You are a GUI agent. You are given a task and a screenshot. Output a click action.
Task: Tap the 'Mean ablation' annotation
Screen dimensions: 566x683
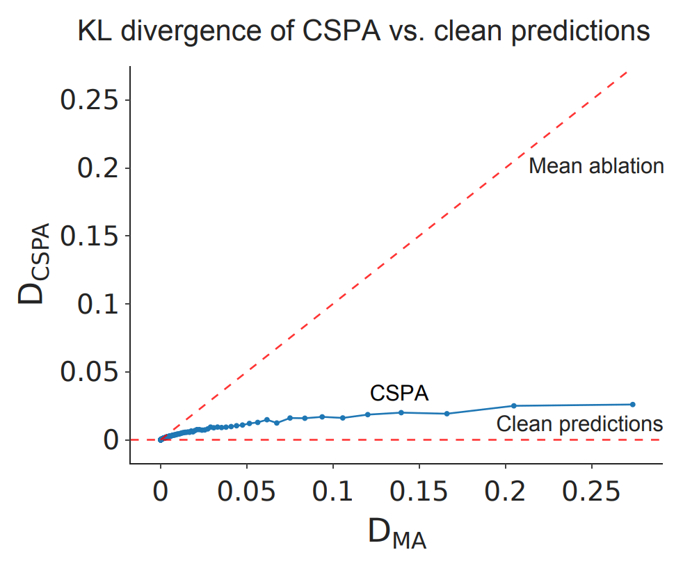tap(596, 166)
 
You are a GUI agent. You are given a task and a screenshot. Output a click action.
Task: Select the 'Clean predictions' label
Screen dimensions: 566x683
tap(579, 423)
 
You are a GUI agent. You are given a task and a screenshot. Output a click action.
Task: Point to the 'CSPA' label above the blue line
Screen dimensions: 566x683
tap(399, 394)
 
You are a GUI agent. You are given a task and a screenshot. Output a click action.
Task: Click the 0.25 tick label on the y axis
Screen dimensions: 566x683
tap(93, 100)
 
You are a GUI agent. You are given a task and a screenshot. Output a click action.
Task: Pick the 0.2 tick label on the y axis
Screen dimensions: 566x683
tap(102, 168)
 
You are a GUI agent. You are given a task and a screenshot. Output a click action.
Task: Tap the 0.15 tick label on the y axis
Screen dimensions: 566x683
tap(93, 236)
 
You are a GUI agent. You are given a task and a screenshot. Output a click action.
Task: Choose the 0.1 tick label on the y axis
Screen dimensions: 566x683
tap(102, 304)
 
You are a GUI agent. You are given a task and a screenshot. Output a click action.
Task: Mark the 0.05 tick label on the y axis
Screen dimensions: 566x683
tap(93, 372)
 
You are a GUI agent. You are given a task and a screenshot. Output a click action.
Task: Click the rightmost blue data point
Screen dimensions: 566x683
tap(632, 404)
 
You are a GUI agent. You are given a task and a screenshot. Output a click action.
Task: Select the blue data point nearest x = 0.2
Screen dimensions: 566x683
tap(514, 405)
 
